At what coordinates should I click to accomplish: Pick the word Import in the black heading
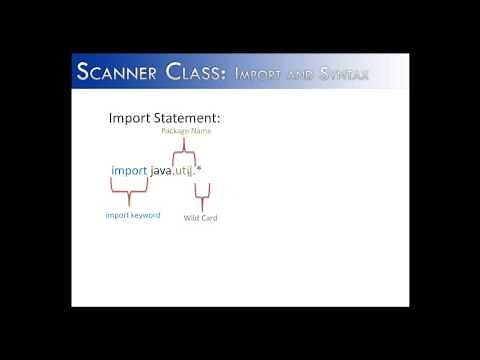(x=129, y=119)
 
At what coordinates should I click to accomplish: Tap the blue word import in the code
(x=129, y=172)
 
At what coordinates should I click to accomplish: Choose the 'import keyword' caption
(x=132, y=215)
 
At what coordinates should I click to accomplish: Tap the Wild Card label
(x=200, y=217)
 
